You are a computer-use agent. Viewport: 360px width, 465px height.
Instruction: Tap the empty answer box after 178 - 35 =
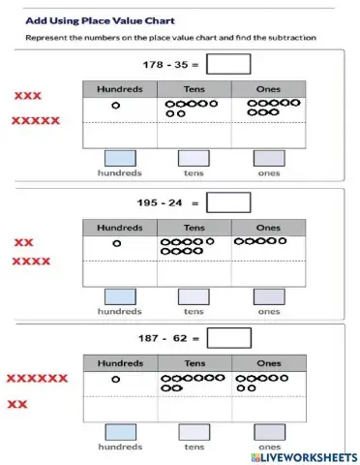pos(228,64)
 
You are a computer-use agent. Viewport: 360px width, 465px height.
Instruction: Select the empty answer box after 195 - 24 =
pos(228,203)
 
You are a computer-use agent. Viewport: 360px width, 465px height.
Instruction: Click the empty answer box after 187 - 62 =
pos(228,339)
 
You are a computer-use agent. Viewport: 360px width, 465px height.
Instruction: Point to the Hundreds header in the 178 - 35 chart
pos(120,89)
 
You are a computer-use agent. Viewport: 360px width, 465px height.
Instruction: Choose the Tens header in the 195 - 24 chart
pos(195,228)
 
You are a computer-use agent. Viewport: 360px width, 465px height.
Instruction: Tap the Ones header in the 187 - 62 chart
pos(268,363)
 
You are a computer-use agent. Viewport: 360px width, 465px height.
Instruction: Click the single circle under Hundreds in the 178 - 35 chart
pos(116,105)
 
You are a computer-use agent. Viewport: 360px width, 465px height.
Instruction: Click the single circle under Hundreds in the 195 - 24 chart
pos(116,243)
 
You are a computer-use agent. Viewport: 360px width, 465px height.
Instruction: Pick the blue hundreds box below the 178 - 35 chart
pos(120,158)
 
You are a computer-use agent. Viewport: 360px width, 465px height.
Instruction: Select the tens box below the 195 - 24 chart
pos(194,296)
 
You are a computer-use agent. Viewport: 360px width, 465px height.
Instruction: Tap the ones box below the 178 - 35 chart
pos(268,158)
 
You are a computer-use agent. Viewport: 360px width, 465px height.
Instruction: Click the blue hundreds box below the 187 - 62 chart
pos(120,432)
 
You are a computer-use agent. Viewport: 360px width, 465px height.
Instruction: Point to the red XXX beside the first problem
pos(27,96)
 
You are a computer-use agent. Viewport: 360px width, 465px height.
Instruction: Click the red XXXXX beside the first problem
pos(36,121)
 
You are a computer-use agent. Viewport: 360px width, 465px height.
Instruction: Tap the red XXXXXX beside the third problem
pos(37,379)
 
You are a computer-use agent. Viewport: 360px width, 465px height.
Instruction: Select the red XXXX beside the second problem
pos(31,262)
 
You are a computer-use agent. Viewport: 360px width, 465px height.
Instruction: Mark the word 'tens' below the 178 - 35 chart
pos(194,173)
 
